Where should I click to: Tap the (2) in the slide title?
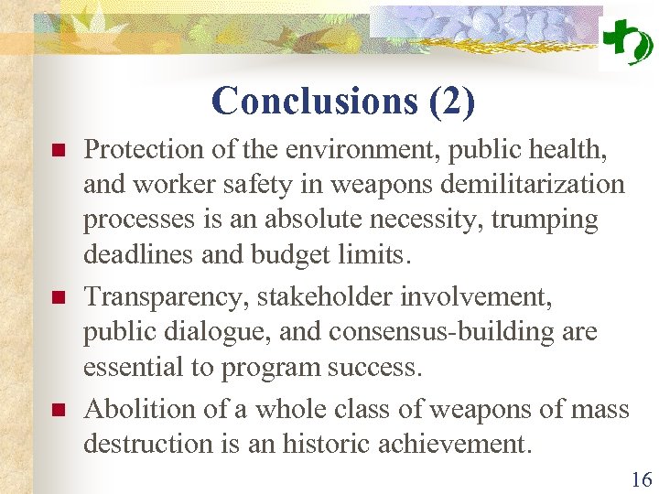click(x=451, y=102)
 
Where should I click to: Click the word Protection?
click(x=137, y=148)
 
